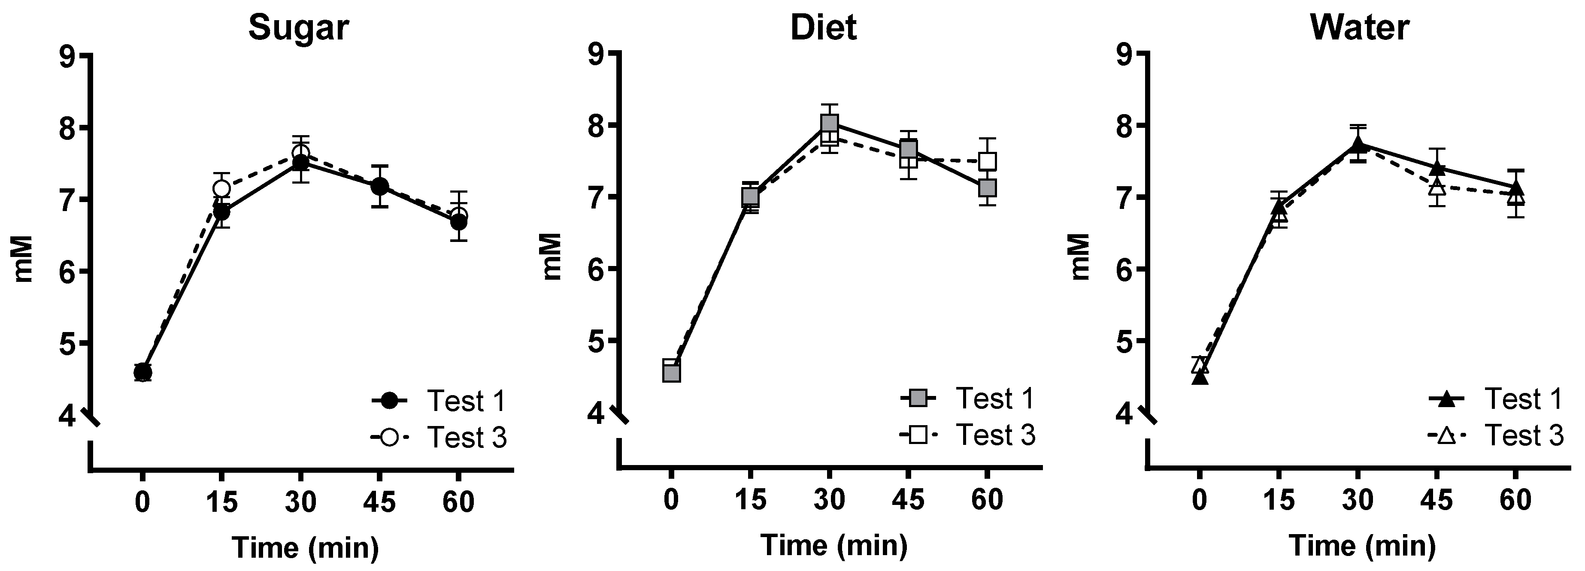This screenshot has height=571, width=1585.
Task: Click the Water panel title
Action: (1360, 28)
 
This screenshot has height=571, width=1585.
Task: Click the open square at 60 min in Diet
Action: (988, 161)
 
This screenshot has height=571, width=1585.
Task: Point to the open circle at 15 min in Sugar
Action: (221, 187)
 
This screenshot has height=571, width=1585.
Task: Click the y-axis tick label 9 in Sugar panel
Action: (66, 57)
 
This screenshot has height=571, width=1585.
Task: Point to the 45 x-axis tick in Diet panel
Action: (908, 499)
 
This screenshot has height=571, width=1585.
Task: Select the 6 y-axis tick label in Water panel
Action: (1124, 269)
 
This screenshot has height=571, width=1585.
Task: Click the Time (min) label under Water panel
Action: (1362, 545)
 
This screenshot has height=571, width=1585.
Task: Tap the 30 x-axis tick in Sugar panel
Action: (300, 502)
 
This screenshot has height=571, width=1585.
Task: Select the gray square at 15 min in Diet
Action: (750, 197)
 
